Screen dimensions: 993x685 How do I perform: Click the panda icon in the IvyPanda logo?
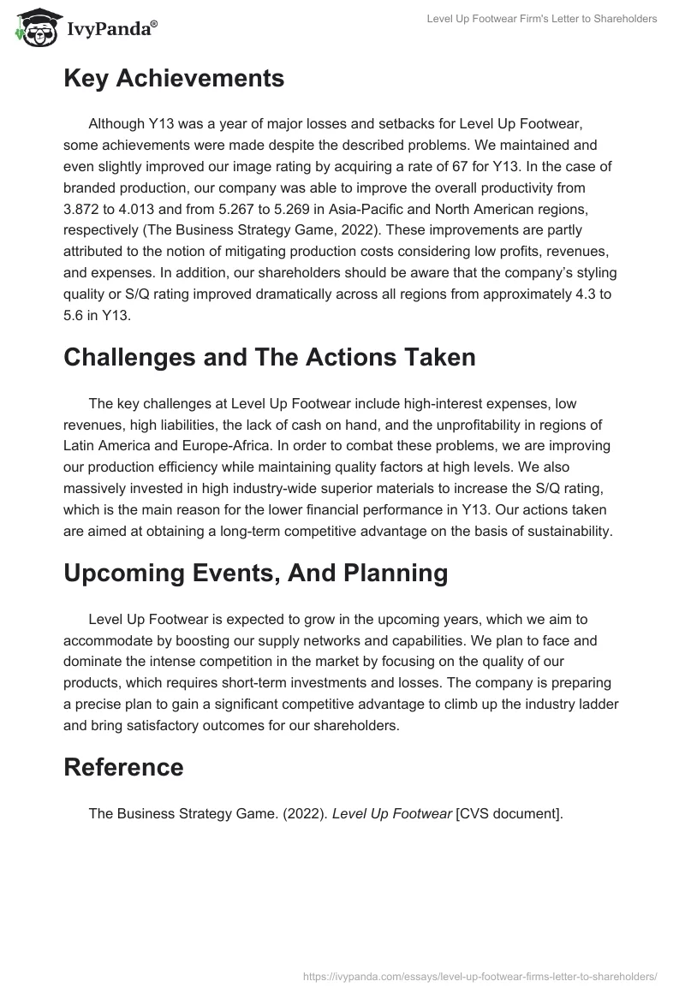pyautogui.click(x=33, y=30)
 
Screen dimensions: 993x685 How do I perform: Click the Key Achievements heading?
pyautogui.click(x=174, y=78)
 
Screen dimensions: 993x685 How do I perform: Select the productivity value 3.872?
pyautogui.click(x=83, y=209)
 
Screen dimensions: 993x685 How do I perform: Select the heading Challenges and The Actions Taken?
pyautogui.click(x=269, y=357)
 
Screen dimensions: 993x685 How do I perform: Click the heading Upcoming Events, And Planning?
pyautogui.click(x=255, y=573)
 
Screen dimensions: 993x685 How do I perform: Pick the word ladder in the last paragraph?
pyautogui.click(x=599, y=704)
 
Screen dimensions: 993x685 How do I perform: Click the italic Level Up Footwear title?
pyautogui.click(x=391, y=813)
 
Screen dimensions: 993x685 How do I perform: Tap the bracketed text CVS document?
pyautogui.click(x=509, y=813)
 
